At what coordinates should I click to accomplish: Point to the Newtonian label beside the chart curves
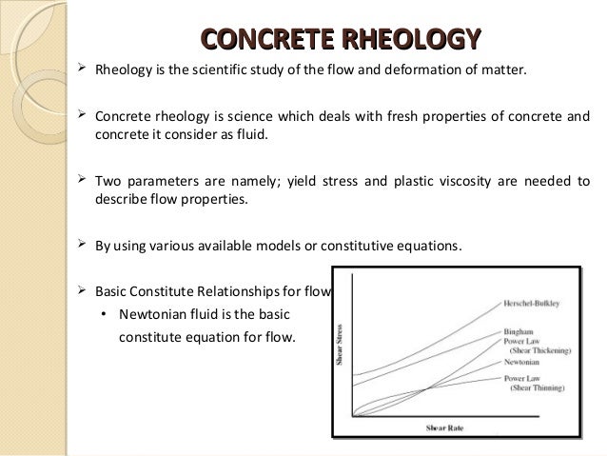tap(523, 362)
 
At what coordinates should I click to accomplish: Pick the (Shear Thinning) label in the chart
tap(537, 389)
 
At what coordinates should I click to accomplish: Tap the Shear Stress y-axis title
tap(340, 347)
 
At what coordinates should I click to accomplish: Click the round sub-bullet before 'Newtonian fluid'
tap(103, 315)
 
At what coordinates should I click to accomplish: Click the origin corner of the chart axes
tap(353, 415)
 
